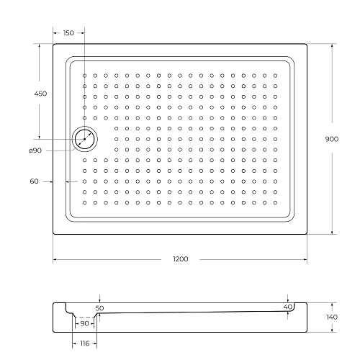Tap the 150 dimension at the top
[x=68, y=33]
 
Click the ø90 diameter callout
[x=35, y=150]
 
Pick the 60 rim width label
[x=34, y=181]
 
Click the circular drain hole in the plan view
[x=85, y=139]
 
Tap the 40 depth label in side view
[x=287, y=307]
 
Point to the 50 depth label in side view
[x=100, y=307]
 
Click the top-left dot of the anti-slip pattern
[x=84, y=75]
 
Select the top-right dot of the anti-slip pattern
[x=285, y=75]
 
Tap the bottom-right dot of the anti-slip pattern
[x=285, y=202]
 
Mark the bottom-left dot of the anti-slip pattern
[x=84, y=202]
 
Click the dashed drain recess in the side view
[x=85, y=317]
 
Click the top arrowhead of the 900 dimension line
[x=331, y=46]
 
